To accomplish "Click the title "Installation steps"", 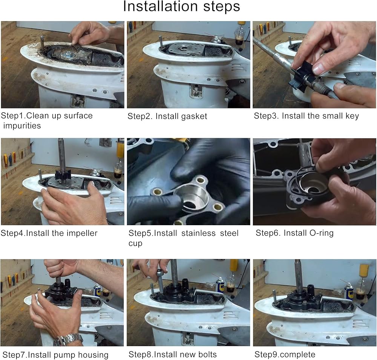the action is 182,6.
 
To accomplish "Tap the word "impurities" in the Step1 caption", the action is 22,126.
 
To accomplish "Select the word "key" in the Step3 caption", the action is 352,116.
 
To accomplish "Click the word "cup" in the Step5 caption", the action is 135,244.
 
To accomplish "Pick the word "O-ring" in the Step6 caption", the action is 321,233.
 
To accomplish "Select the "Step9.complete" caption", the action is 285,354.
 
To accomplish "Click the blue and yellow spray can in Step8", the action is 220,285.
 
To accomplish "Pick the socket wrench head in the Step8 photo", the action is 160,274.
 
